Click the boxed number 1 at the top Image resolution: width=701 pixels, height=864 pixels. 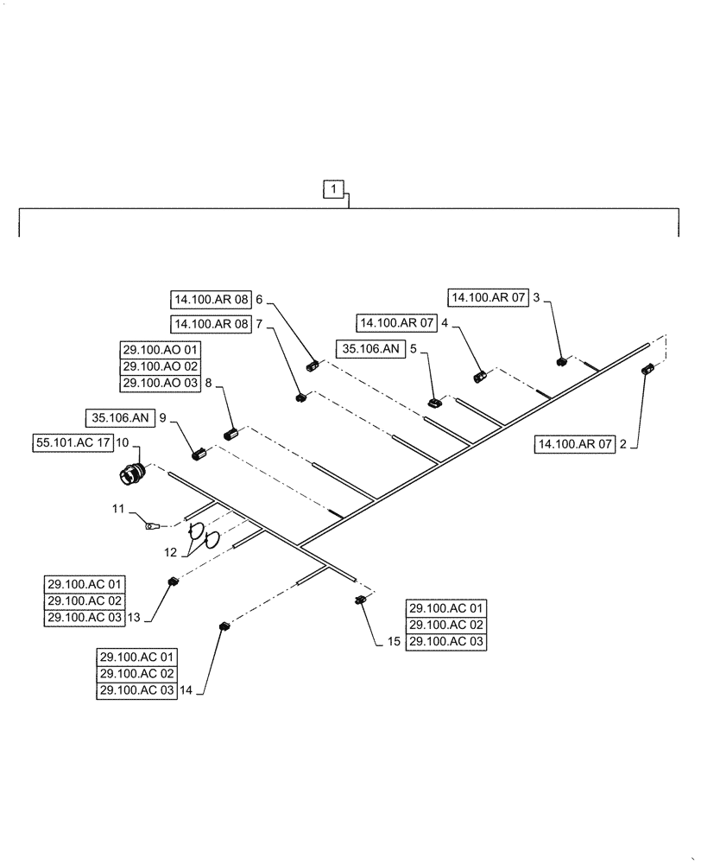335,188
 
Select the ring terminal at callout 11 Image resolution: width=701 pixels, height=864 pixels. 152,524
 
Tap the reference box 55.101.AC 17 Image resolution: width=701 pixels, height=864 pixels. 75,442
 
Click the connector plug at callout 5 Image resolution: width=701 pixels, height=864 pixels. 435,400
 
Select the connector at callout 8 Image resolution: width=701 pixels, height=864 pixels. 230,435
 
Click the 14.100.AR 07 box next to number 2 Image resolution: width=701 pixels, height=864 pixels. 576,445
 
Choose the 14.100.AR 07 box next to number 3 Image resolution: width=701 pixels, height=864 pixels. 485,297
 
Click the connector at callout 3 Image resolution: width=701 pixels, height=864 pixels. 560,361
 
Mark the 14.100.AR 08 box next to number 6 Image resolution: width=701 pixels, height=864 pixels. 211,300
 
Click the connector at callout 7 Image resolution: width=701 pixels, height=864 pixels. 300,397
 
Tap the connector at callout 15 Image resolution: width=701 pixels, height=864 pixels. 360,600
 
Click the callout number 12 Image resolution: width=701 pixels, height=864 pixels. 172,552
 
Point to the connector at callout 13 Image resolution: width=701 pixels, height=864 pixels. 172,582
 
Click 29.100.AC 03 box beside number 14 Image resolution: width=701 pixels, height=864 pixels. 136,690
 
